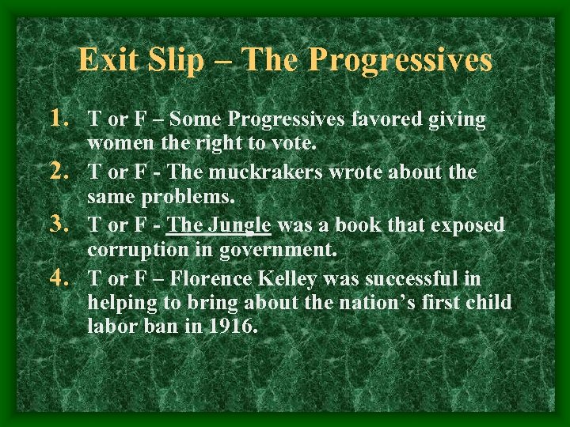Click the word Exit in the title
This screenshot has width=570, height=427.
(106, 59)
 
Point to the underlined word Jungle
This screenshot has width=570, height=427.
(240, 226)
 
